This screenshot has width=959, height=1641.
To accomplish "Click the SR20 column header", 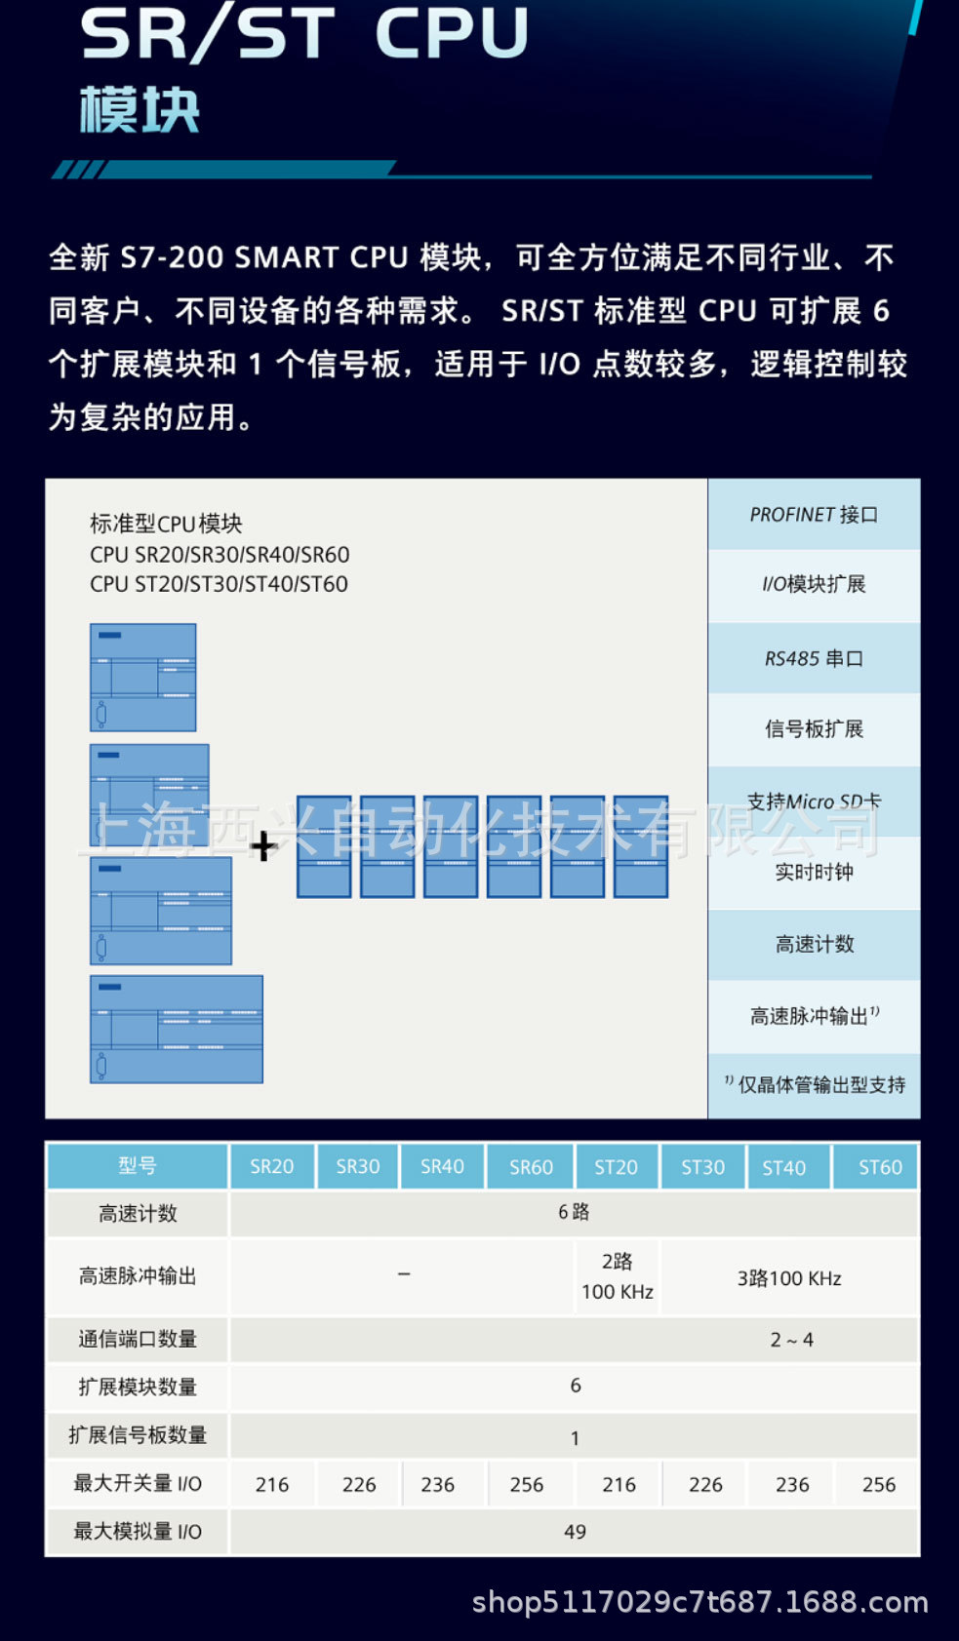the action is [271, 1166].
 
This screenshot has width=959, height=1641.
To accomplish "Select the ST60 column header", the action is [879, 1167].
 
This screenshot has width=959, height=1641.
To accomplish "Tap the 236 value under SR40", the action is [437, 1484].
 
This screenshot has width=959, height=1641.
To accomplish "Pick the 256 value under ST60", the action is [878, 1484].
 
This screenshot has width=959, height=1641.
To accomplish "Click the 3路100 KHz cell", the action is [789, 1278].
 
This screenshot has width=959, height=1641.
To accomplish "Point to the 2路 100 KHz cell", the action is [617, 1276].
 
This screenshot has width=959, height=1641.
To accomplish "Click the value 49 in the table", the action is [575, 1532].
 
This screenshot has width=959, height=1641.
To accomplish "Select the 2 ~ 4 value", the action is [791, 1340].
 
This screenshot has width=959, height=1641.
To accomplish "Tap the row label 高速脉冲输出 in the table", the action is [138, 1276].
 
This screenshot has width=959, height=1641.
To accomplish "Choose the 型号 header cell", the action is [138, 1166].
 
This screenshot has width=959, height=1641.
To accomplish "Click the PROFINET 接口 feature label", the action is [814, 515].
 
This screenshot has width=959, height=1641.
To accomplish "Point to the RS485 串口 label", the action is [814, 659].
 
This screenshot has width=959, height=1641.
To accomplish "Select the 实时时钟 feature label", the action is [814, 872].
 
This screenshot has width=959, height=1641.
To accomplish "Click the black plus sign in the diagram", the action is [262, 845].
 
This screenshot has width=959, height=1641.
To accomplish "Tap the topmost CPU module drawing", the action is [143, 678].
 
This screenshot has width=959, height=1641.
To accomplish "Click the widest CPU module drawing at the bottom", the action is [177, 1030].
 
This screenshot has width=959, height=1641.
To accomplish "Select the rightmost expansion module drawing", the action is [641, 846].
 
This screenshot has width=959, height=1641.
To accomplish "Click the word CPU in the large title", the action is [452, 33].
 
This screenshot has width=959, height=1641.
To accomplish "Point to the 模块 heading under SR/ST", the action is [140, 109].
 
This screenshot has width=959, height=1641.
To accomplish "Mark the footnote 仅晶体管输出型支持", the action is [815, 1085].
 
